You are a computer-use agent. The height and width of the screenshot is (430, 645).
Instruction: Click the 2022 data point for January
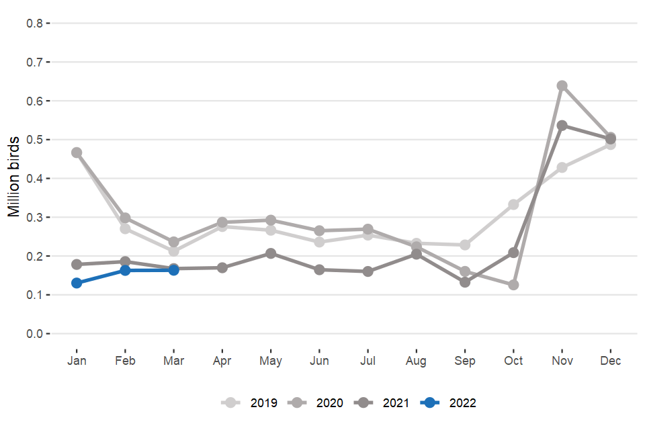pos(77,283)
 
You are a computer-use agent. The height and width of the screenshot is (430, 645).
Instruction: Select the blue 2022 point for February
pos(125,270)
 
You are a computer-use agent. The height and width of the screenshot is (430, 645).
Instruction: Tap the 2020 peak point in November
pos(562,85)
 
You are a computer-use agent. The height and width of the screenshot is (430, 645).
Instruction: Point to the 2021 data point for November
pos(562,125)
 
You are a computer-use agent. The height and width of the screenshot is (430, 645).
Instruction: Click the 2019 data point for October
pos(513,204)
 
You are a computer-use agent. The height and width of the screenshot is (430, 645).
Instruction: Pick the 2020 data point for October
pos(513,285)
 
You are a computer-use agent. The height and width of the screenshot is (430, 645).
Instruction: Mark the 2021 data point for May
pos(271,253)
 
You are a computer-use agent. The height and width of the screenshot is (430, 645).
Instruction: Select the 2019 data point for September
pos(465,245)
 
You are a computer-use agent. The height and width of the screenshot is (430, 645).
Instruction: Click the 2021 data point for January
pos(77,264)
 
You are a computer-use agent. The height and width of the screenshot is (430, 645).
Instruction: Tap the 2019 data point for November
pos(562,167)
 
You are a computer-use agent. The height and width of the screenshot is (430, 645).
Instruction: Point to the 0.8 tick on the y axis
pos(34,23)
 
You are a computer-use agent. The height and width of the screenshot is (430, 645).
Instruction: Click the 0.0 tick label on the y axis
pos(34,334)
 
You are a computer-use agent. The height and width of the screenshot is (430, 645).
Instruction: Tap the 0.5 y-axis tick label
pos(34,140)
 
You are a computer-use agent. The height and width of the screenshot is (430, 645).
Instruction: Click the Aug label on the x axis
pos(417,361)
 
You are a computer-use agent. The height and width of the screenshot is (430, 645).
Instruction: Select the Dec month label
pos(611,361)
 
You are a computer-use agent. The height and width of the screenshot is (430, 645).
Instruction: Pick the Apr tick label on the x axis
pos(222,361)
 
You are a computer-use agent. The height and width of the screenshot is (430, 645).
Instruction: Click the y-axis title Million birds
pos(14,179)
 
